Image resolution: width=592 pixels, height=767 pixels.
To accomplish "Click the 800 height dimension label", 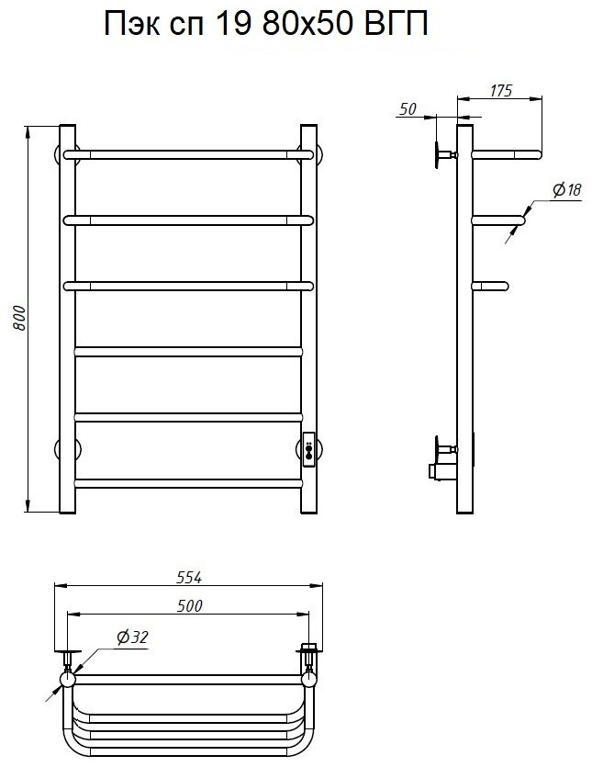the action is (x=19, y=319).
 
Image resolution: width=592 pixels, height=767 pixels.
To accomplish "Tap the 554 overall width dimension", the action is (x=189, y=578).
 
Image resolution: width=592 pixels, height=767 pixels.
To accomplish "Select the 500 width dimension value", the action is (x=189, y=606).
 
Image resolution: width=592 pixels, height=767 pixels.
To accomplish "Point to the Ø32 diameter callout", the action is (x=132, y=637).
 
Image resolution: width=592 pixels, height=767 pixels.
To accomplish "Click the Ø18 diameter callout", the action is (x=567, y=189).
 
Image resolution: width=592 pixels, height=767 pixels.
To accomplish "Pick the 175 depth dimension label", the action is (x=500, y=91).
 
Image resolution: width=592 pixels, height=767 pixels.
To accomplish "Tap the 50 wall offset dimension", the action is (x=408, y=109).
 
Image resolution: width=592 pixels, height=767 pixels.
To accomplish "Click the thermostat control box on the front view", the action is (x=309, y=449).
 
